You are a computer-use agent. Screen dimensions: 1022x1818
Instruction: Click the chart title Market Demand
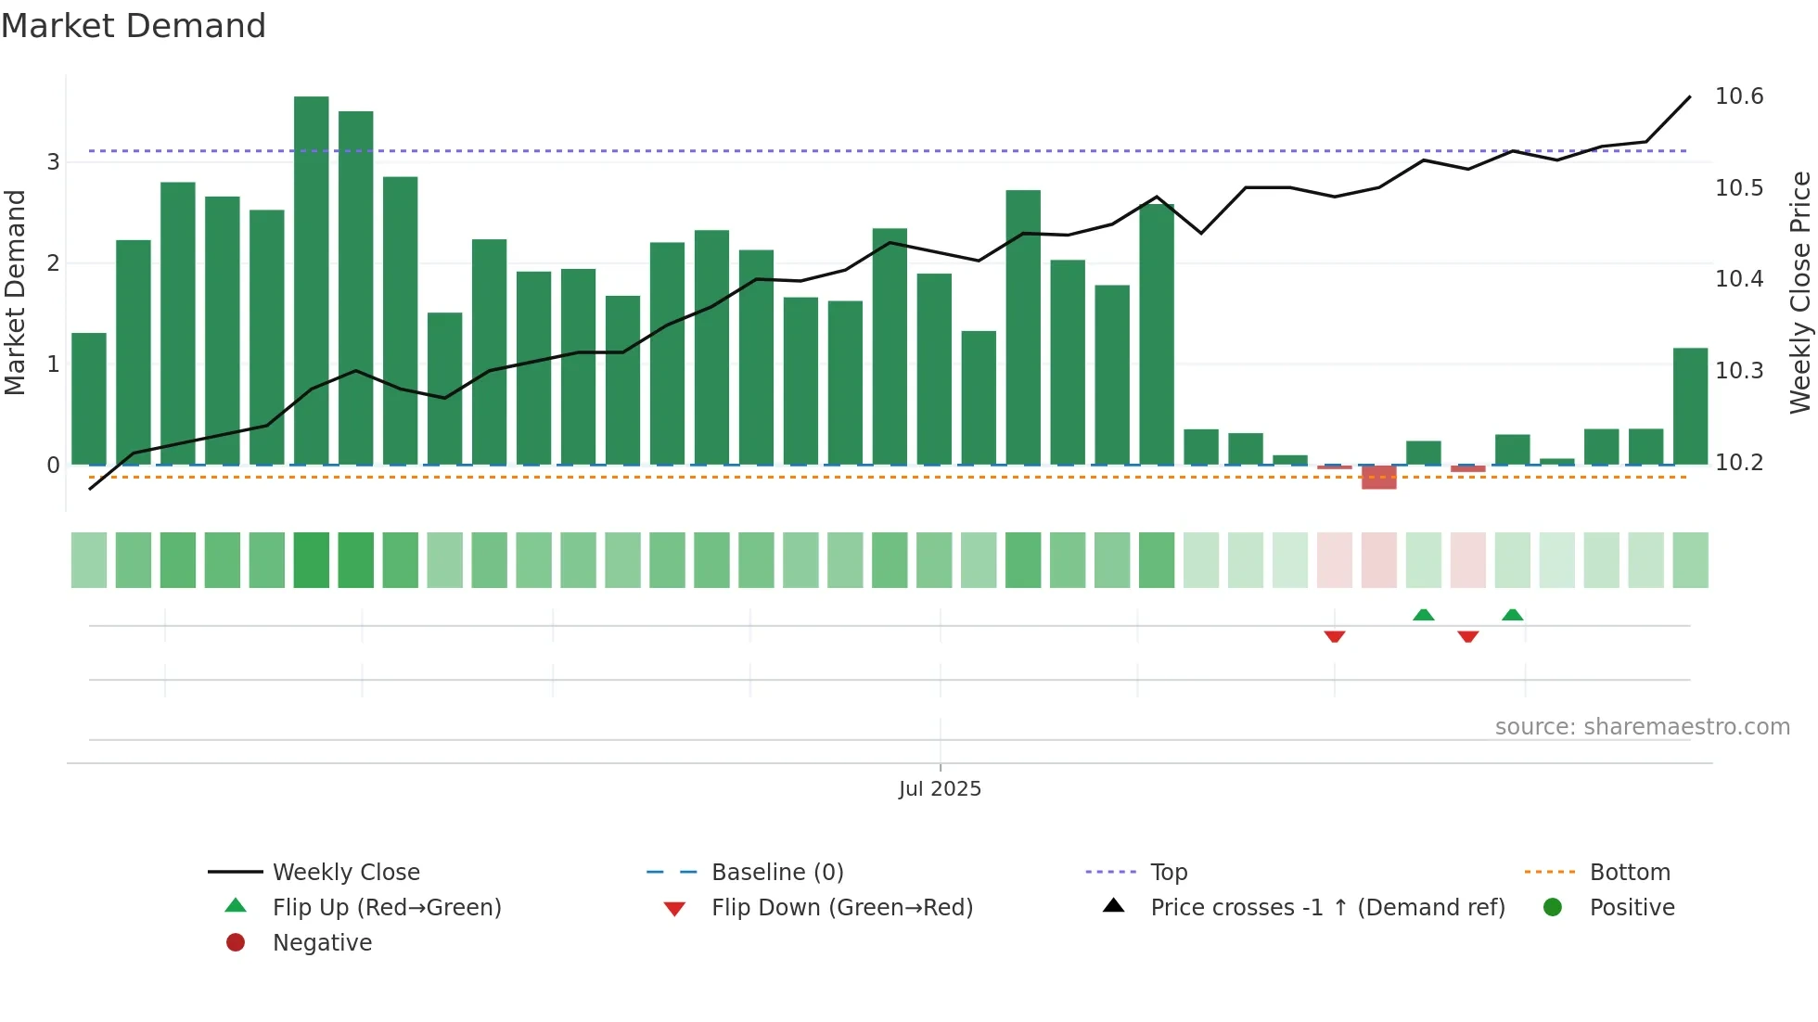(x=134, y=26)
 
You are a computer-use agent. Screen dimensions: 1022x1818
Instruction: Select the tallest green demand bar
(x=312, y=278)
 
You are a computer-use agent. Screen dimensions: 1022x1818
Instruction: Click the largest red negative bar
(x=1379, y=478)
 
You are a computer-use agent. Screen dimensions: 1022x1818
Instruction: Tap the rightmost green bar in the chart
(x=1690, y=406)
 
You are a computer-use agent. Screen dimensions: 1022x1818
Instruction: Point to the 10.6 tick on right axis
(x=1739, y=96)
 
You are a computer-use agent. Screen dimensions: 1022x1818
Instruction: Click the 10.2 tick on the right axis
(x=1739, y=462)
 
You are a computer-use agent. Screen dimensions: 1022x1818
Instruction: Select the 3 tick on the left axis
(x=54, y=162)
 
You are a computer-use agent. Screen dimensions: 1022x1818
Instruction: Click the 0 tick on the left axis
(x=54, y=466)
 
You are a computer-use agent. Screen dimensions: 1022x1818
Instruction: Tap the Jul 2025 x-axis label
(x=940, y=789)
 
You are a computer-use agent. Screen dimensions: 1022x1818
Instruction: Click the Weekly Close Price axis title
(x=1799, y=292)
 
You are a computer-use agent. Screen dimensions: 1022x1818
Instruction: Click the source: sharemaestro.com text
(x=1642, y=727)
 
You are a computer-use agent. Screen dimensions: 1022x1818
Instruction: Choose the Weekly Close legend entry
(x=345, y=873)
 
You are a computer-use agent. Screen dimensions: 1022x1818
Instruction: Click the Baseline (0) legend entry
(x=777, y=873)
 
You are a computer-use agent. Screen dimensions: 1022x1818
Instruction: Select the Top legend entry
(x=1169, y=873)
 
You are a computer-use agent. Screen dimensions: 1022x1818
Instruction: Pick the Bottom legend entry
(x=1630, y=873)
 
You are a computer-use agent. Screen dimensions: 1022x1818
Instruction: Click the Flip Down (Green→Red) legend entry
(x=841, y=908)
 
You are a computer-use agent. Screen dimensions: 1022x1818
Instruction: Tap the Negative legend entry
(x=322, y=943)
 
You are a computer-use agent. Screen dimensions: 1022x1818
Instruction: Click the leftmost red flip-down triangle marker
(x=1335, y=636)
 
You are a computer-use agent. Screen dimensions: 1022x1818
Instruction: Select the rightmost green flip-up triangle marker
(x=1513, y=615)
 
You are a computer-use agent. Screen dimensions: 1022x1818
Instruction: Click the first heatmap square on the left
(x=89, y=560)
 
